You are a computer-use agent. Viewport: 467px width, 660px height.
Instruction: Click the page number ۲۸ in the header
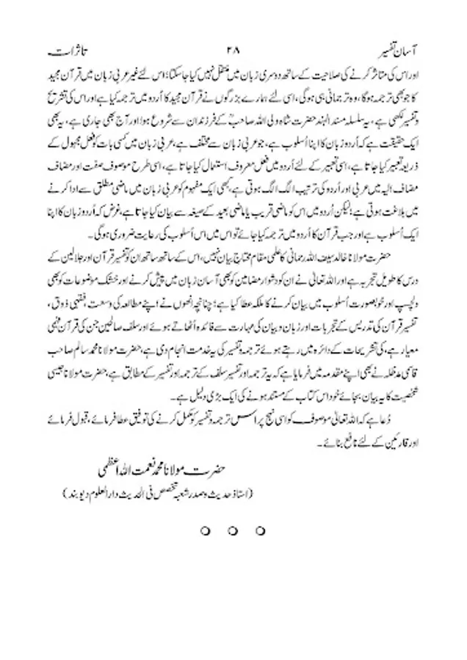click(233, 53)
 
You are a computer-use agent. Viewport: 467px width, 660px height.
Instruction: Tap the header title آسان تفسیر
click(403, 53)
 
